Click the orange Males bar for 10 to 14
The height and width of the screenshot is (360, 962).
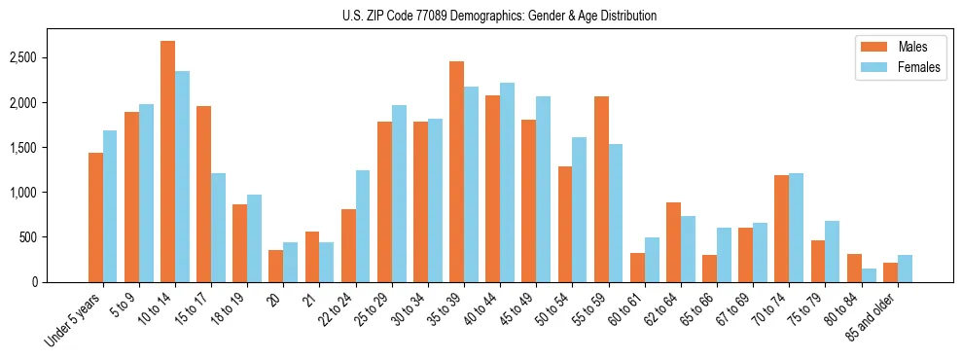[167, 162]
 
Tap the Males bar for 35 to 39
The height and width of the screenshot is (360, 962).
[456, 171]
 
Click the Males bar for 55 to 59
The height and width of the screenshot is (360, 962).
[601, 189]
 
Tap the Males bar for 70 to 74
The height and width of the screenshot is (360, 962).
[781, 229]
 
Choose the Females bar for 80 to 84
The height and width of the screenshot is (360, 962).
[868, 275]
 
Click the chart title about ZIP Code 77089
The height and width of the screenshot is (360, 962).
[499, 16]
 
